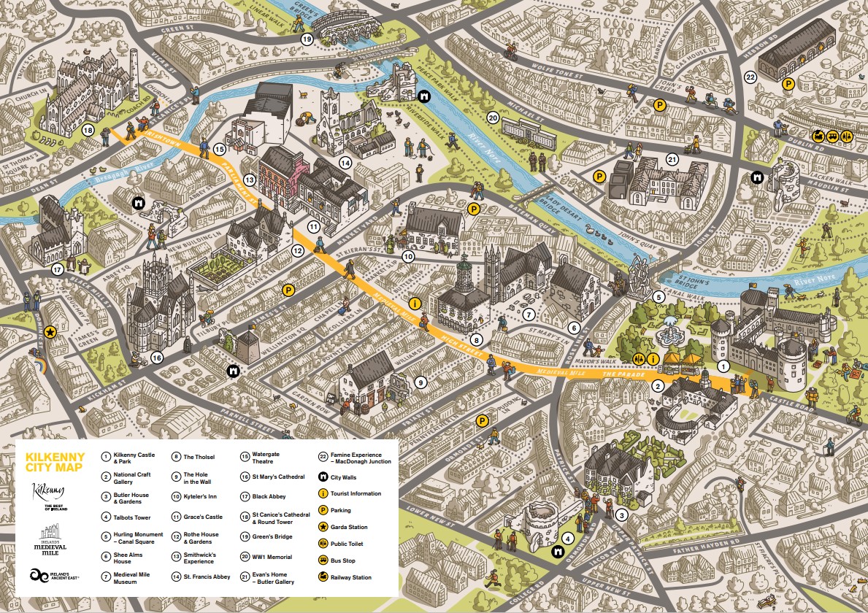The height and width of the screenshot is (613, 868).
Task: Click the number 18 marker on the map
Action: pyautogui.click(x=88, y=130)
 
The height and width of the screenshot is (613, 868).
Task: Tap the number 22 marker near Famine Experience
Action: pyautogui.click(x=750, y=77)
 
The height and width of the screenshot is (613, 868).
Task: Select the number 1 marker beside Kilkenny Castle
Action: pyautogui.click(x=723, y=366)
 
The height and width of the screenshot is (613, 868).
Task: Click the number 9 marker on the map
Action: pyautogui.click(x=420, y=381)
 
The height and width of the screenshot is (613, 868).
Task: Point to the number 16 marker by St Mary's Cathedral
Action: pyautogui.click(x=156, y=358)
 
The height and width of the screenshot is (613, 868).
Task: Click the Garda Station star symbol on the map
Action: pyautogui.click(x=50, y=332)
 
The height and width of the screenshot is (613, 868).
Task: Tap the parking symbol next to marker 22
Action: pyautogui.click(x=788, y=85)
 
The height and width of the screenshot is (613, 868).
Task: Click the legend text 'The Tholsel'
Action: pyautogui.click(x=199, y=457)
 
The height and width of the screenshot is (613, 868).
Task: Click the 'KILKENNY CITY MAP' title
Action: pyautogui.click(x=55, y=462)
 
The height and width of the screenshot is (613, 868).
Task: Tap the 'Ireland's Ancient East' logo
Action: pyautogui.click(x=55, y=575)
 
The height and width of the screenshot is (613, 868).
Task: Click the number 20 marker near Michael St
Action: pyautogui.click(x=493, y=117)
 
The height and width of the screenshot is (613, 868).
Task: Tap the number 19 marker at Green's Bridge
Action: pyautogui.click(x=307, y=39)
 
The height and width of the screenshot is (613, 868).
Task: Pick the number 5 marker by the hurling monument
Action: pyautogui.click(x=658, y=297)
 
